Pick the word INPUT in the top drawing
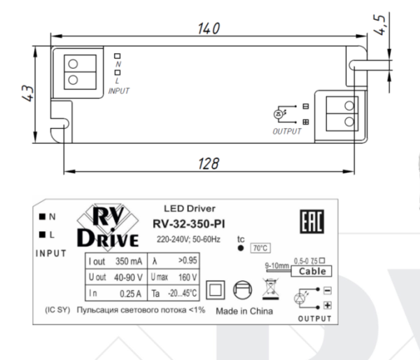point(119,90)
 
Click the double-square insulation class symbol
point(216,289)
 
